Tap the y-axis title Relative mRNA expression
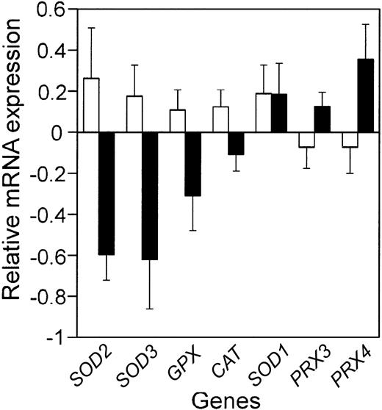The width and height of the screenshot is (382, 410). [14, 173]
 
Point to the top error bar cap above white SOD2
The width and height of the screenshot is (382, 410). [89, 28]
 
